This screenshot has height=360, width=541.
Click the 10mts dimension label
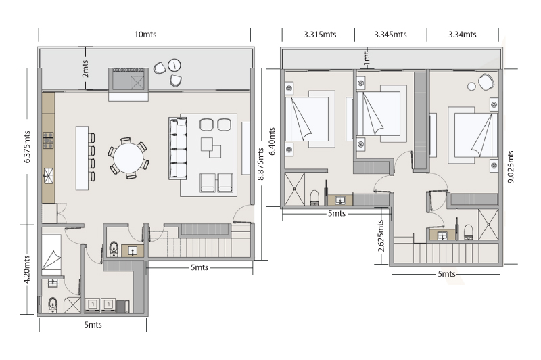[145, 35]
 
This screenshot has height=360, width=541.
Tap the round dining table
[128, 158]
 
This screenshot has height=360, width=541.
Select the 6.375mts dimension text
[27, 147]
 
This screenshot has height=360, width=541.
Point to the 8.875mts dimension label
[261, 164]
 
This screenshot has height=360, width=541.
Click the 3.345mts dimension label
[391, 35]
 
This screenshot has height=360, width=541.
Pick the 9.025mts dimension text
[511, 166]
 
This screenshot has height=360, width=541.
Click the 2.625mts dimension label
[381, 236]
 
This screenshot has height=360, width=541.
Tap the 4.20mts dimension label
[27, 269]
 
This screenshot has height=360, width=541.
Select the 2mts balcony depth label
[85, 69]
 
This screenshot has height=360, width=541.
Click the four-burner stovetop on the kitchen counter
[48, 141]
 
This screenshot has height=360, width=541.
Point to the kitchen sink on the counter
[48, 176]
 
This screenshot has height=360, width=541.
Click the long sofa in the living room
[177, 148]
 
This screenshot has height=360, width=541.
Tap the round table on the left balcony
[174, 65]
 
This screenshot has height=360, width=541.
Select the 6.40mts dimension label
[272, 141]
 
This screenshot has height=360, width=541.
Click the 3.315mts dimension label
[320, 35]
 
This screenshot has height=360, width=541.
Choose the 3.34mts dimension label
[463, 35]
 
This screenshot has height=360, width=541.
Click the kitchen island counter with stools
[82, 158]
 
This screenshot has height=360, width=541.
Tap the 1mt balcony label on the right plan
[367, 58]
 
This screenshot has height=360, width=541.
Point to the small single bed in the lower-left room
[51, 254]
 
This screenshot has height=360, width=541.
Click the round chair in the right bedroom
[486, 82]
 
